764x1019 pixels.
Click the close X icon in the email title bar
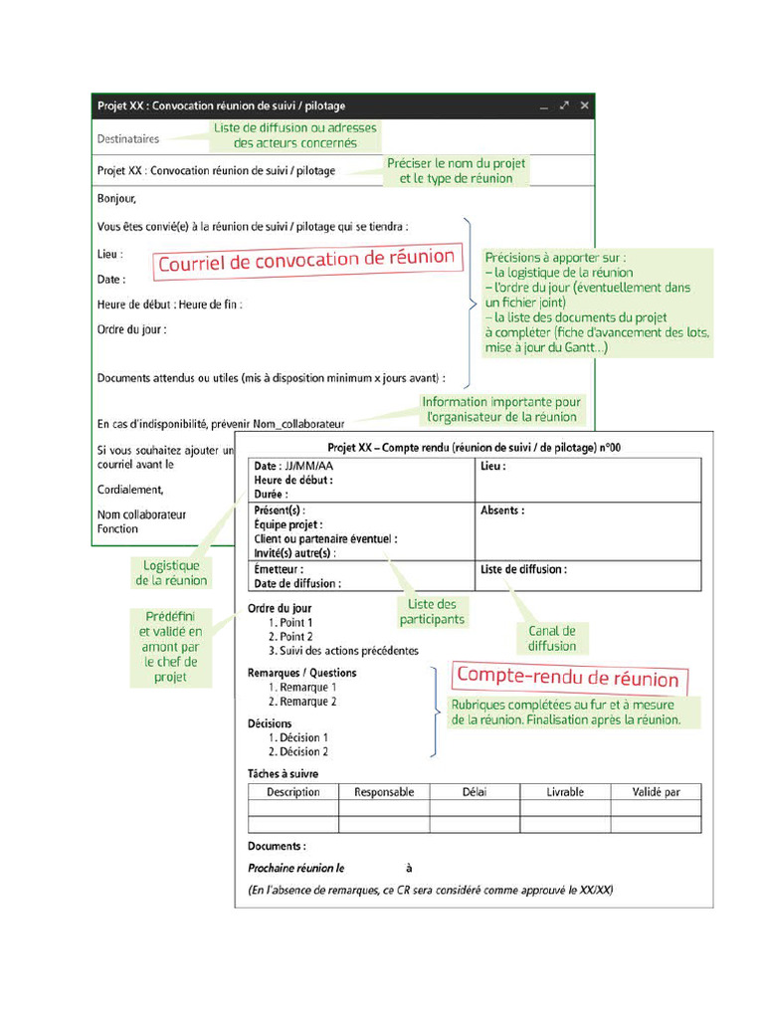point(585,105)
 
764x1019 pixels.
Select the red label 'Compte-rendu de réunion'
point(567,679)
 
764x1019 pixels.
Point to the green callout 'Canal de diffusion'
point(552,638)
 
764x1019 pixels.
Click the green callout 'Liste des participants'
point(432,612)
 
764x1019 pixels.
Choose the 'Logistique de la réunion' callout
point(171,573)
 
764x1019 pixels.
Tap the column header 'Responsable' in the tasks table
point(384,792)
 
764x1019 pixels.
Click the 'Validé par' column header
point(656,792)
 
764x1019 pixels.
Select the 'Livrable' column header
point(565,792)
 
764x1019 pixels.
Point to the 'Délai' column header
point(475,792)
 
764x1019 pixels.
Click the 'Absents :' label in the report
point(502,510)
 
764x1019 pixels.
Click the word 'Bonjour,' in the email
point(116,199)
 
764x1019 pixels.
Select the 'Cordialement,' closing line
point(130,490)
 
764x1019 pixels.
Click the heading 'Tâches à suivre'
point(283,773)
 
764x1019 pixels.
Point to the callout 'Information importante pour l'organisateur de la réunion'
point(501,409)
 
